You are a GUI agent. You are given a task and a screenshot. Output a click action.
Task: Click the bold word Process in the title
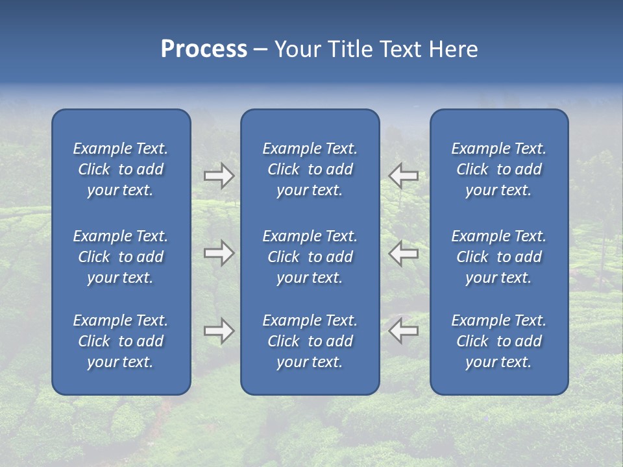[204, 49]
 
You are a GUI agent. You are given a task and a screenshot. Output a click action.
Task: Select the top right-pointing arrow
[219, 176]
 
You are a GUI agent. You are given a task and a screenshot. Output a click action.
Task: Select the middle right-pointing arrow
[219, 253]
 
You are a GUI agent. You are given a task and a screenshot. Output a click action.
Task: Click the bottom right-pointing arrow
[219, 331]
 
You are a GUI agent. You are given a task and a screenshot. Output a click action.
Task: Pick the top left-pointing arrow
[404, 176]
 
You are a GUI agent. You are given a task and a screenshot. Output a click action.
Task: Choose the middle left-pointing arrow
[404, 253]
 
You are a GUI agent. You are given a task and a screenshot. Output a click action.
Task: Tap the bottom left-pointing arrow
[404, 331]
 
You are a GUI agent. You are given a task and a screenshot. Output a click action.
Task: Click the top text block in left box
[121, 169]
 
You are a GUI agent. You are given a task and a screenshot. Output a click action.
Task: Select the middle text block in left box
[121, 257]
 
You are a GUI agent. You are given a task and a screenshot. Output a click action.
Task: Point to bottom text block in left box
[121, 341]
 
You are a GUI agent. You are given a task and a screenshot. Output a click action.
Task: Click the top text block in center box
[310, 169]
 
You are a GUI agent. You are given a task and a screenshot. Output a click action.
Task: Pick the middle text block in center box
[310, 257]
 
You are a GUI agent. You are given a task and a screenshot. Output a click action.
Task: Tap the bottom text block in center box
[310, 341]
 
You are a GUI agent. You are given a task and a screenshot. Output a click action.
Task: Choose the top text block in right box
[499, 169]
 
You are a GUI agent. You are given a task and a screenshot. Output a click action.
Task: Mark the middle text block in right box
[499, 257]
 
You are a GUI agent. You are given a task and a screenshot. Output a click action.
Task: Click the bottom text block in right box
[499, 341]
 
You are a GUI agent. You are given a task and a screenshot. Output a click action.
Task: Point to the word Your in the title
[297, 49]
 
